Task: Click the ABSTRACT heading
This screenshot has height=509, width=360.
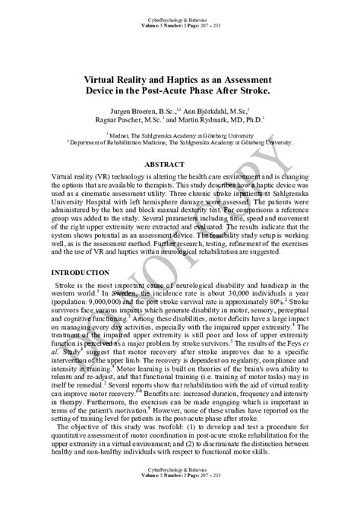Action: pos(179,163)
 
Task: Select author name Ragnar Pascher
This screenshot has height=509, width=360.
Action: pos(121,119)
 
